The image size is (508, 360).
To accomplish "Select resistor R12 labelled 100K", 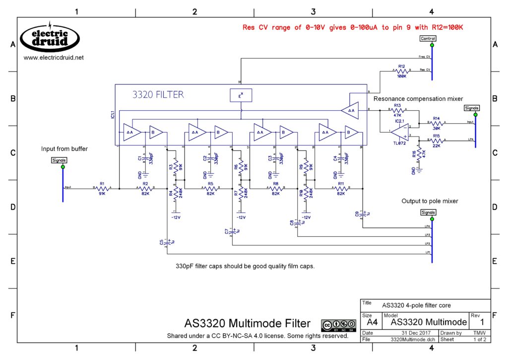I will [x=402, y=71].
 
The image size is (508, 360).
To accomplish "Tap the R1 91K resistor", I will [x=102, y=189].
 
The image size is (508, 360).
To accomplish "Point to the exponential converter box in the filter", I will [x=241, y=95].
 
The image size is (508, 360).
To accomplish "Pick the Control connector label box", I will [x=428, y=38].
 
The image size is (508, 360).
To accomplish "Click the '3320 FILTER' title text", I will [x=158, y=94].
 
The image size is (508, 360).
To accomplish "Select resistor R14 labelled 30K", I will [x=437, y=122].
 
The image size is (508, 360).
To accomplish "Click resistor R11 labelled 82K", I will [x=341, y=189].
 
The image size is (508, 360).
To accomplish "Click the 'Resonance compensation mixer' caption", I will [x=418, y=99].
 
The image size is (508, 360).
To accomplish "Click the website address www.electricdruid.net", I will [x=54, y=58].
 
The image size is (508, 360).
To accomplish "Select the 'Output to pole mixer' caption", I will [x=430, y=201].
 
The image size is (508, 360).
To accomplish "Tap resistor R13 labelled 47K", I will [x=397, y=110].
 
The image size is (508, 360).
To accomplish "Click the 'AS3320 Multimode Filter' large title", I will [x=247, y=324].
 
